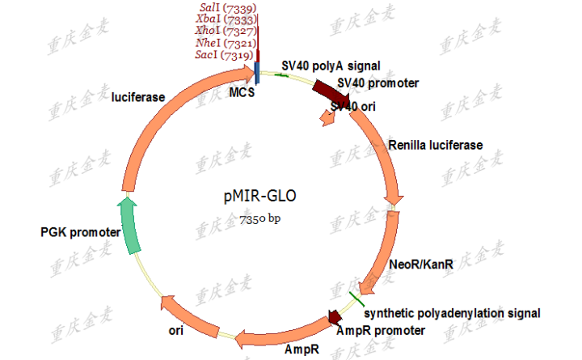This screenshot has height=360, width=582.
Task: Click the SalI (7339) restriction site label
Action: click(x=225, y=7)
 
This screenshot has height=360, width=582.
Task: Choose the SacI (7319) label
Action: click(x=225, y=55)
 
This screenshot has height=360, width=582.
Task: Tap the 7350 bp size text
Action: click(x=259, y=218)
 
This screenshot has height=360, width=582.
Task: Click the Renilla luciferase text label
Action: click(x=435, y=145)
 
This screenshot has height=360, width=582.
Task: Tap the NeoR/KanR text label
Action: click(x=421, y=265)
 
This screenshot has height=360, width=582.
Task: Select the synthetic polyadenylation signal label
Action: click(x=451, y=313)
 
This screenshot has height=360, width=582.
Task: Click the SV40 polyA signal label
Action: click(x=331, y=66)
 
